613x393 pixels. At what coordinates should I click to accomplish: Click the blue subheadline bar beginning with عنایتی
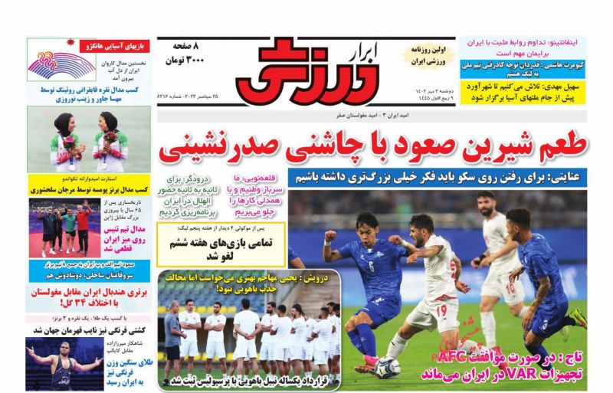pyautogui.click(x=438, y=178)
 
